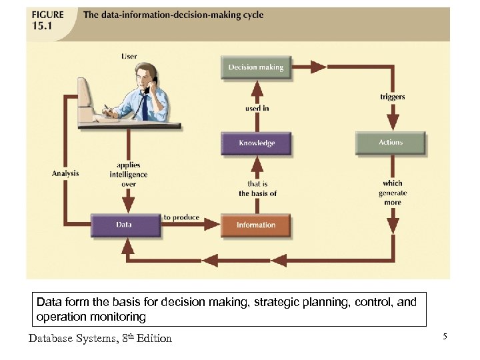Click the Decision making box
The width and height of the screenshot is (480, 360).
pos(256,67)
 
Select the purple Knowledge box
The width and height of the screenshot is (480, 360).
pos(256,143)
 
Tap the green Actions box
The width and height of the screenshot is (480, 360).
pos(391,143)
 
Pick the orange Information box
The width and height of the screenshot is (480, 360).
pos(256,225)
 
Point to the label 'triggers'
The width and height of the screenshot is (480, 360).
pos(392,97)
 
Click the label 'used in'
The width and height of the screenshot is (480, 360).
pos(257,108)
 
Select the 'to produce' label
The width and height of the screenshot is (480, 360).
pos(181,218)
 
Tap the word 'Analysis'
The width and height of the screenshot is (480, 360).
pos(65,173)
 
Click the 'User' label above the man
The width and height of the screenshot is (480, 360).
pos(129,57)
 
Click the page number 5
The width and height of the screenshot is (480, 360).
pos(445,337)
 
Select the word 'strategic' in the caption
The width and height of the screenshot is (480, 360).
pos(285,302)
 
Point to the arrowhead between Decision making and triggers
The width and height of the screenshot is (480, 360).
pos(318,67)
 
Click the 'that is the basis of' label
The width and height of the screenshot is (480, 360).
pos(257,189)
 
